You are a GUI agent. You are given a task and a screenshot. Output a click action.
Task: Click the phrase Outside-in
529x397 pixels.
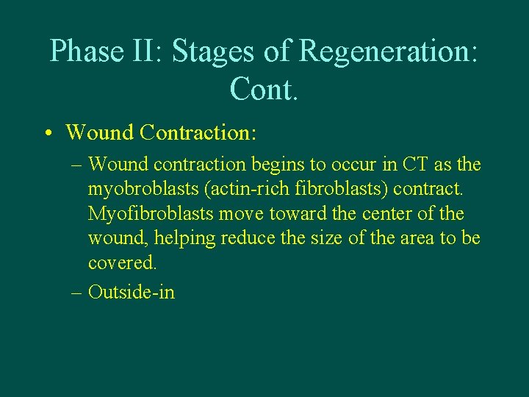[132, 291]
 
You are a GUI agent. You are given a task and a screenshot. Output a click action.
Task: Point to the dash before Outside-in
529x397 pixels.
[77, 292]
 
